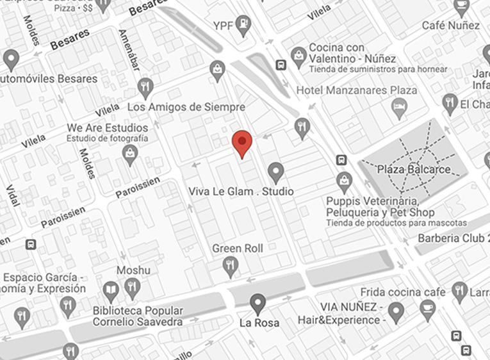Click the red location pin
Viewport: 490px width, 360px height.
[x=241, y=142]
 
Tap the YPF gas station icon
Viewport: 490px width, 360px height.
[x=243, y=26]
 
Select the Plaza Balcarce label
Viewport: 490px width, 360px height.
[x=414, y=170]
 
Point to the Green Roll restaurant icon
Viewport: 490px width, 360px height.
[x=230, y=265]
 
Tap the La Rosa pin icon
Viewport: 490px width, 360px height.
[x=258, y=303]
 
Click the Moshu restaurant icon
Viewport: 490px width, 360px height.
[x=133, y=287]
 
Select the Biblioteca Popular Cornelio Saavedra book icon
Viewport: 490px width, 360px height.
[x=111, y=291]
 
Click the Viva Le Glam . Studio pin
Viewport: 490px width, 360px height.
[x=276, y=172]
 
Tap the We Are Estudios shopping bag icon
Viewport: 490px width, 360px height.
[x=130, y=154]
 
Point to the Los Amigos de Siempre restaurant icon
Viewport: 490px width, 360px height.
[x=146, y=87]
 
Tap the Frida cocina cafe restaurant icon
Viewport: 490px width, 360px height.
[x=459, y=291]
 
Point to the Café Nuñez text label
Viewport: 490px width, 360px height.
[x=450, y=25]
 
